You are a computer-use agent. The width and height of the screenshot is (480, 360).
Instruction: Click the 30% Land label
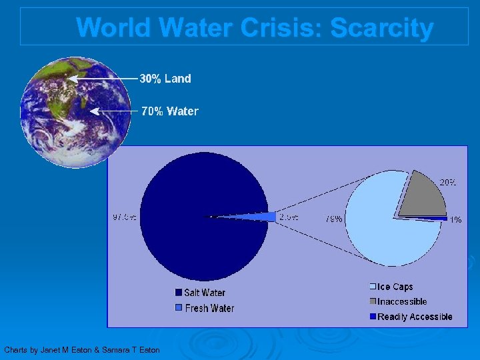click(x=165, y=79)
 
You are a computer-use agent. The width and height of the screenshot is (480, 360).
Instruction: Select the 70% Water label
click(x=170, y=111)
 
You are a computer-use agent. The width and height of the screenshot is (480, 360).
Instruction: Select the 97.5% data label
click(x=125, y=217)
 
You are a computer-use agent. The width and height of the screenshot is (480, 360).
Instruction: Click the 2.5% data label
click(x=289, y=217)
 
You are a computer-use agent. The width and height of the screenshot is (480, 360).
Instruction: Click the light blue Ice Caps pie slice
click(x=380, y=227)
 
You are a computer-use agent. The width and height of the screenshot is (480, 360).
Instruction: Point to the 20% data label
click(x=447, y=182)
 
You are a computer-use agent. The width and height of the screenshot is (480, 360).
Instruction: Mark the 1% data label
click(x=455, y=219)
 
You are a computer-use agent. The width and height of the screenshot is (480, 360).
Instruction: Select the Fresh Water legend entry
click(x=204, y=308)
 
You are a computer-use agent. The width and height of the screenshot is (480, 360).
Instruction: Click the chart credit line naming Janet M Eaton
click(x=82, y=350)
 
